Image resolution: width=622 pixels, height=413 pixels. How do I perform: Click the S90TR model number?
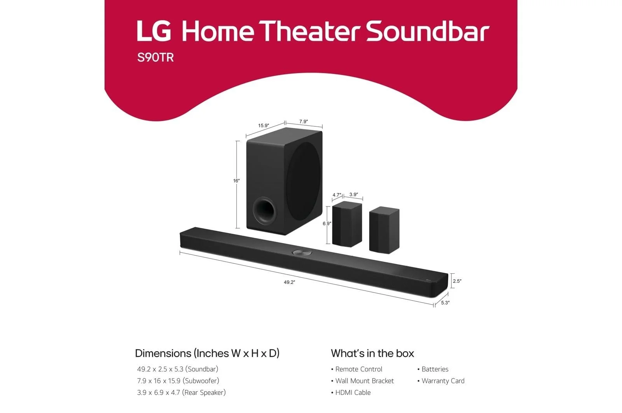[x=155, y=58]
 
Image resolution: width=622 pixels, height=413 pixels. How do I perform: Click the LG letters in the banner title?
[x=154, y=31]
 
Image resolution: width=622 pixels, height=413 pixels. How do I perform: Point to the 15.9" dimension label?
[x=264, y=126]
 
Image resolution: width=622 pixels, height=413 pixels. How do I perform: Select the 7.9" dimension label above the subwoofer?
[x=304, y=122]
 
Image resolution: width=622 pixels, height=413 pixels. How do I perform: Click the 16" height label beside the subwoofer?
[x=236, y=181]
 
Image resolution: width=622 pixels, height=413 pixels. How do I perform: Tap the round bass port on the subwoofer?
[x=265, y=210]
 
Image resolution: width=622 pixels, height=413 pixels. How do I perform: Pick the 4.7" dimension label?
[x=337, y=195]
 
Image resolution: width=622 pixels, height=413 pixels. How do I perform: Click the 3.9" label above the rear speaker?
[x=353, y=194]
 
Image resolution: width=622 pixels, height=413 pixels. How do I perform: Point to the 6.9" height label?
[x=327, y=224]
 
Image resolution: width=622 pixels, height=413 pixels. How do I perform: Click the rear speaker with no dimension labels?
[x=384, y=230]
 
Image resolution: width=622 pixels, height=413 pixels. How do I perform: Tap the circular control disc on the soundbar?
[x=302, y=252]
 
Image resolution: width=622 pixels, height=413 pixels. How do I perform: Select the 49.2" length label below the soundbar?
[x=289, y=282]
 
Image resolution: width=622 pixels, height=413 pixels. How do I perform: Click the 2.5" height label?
[x=457, y=281]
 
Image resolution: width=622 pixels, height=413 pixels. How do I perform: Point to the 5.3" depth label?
[x=445, y=303]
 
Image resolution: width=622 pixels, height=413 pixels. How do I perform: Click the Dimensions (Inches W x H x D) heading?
[x=207, y=353]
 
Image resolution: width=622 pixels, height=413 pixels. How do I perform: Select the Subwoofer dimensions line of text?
[x=178, y=381]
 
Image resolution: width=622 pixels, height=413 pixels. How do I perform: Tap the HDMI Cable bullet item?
[x=351, y=392]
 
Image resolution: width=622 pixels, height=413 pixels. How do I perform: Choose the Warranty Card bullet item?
[x=441, y=381]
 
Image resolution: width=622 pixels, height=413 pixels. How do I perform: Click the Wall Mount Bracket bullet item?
[x=362, y=381]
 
